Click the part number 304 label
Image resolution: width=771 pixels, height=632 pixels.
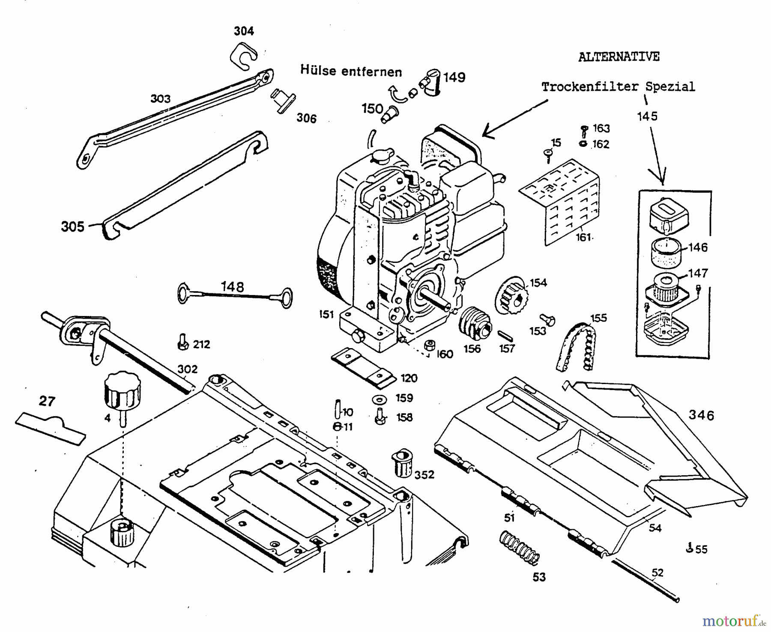244,31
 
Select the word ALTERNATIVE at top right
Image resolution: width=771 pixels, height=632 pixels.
619,57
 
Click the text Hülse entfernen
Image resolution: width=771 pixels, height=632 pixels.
351,71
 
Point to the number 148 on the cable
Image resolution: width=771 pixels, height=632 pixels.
233,286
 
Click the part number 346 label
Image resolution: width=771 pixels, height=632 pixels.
701,415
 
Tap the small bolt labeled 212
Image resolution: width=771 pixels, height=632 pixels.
182,343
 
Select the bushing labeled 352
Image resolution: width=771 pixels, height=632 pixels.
402,463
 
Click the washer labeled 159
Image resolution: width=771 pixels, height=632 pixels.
379,399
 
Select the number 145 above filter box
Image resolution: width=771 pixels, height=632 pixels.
647,116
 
